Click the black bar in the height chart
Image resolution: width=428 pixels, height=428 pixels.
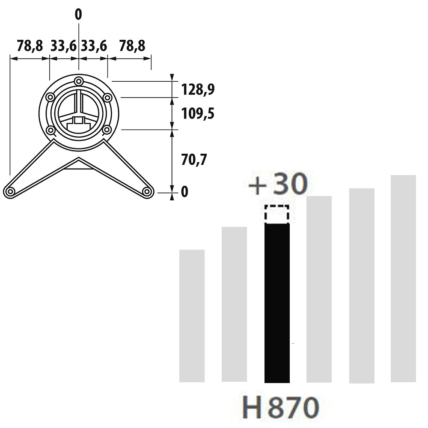277,303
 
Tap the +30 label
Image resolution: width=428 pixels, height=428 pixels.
278,184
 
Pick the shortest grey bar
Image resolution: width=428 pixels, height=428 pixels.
192,316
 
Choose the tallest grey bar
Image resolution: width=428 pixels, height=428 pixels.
404,279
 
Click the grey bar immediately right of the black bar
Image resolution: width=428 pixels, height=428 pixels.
319,289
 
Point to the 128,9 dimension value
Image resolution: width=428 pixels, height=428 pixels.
198,89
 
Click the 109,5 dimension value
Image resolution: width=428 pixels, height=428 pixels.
198,113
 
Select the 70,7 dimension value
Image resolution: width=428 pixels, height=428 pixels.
194,160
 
